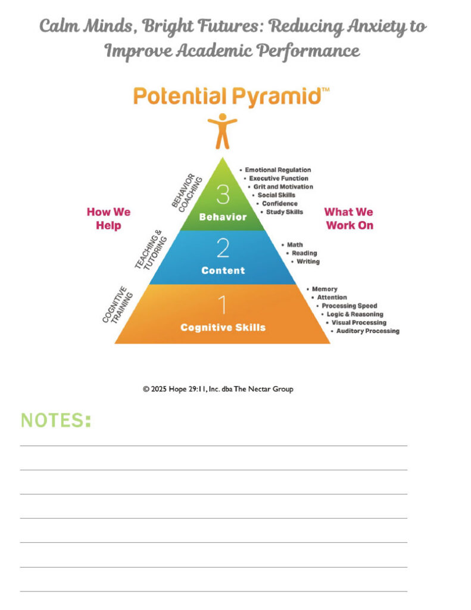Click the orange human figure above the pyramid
coord(223,131)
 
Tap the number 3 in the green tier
coord(223,194)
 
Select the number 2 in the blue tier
coord(223,248)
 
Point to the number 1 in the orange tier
coord(223,304)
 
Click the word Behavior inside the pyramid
coord(223,217)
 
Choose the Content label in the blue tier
coord(223,270)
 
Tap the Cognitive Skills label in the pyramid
coord(223,327)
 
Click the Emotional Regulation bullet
coord(275,170)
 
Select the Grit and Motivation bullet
coord(280,186)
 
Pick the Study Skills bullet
coord(282,211)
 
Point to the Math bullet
coord(292,245)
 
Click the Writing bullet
coord(305,262)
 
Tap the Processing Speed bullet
coord(347,306)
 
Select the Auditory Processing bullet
coord(365,331)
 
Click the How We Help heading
coord(108,219)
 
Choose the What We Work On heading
coord(350,219)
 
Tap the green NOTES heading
coord(55,420)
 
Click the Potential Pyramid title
coord(231,96)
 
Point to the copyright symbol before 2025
coord(146,389)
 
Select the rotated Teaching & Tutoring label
coord(151,250)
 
